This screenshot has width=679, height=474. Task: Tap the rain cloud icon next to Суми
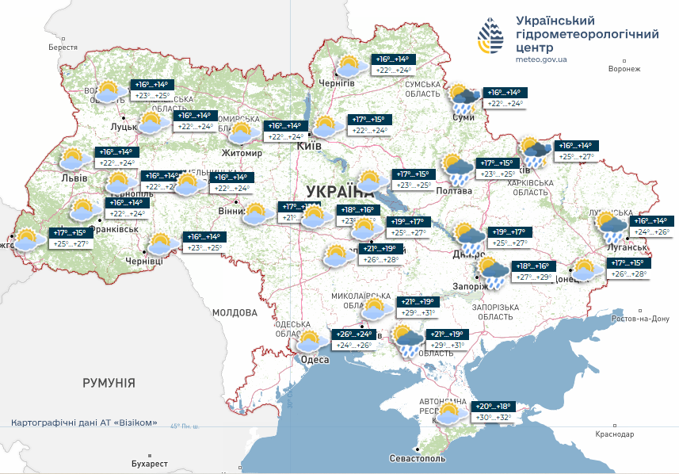pos(464,99)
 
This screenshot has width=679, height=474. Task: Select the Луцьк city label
pos(124,125)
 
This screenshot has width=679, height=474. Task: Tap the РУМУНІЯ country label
pos(109,383)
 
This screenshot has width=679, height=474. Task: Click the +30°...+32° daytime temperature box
pos(494,418)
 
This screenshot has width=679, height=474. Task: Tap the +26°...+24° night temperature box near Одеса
pos(353,334)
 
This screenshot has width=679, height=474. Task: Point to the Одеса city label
pos(315,360)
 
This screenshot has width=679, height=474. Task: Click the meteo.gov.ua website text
pos(540,59)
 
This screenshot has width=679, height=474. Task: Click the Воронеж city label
pos(624,69)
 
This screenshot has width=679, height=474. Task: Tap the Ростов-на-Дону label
pos(642,319)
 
